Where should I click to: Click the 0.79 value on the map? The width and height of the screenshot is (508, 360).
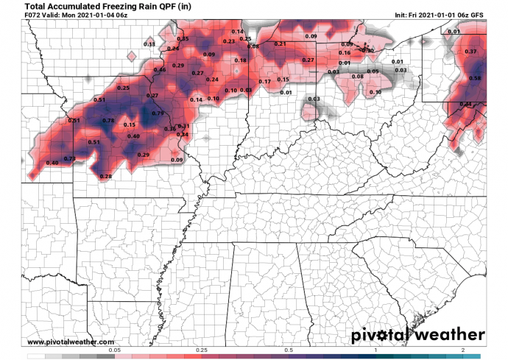pos(158,113)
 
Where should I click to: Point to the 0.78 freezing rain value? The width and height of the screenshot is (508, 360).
pos(108,121)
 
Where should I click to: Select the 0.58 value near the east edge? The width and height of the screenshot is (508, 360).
pos(475,78)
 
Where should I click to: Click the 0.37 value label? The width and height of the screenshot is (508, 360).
pos(472,52)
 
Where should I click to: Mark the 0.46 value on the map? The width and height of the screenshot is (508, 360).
pos(160,70)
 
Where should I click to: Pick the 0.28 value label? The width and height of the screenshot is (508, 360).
pos(105,177)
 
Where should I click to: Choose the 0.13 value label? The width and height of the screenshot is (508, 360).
pos(149,45)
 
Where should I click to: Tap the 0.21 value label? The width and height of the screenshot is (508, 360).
pos(280,44)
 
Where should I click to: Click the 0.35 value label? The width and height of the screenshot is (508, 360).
pos(183,38)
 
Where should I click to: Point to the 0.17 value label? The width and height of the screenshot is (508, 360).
pos(265,81)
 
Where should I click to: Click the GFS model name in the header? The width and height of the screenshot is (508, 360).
pos(476,17)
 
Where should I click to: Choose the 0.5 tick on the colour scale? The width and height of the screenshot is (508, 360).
pos(289,349)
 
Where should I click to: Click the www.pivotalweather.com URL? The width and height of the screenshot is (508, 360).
pos(71,342)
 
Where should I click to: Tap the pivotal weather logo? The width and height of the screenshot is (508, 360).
pos(417,335)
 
